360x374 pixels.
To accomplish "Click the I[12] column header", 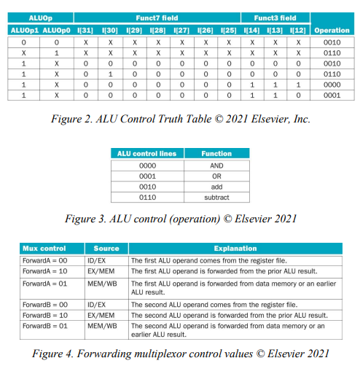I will pos(298,30).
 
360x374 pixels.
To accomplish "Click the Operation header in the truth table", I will pos(332,30).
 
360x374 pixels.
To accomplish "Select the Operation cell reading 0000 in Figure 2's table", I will pos(332,85).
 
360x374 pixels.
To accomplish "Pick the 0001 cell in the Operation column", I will pos(332,96).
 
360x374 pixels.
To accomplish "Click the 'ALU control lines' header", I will pos(146,154).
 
